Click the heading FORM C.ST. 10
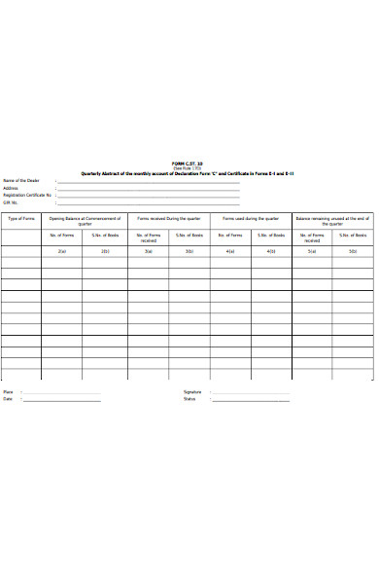pyautogui.click(x=189, y=164)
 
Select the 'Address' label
pyautogui.click(x=11, y=188)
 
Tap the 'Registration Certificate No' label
pyautogui.click(x=27, y=195)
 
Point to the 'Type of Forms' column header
pyautogui.click(x=21, y=219)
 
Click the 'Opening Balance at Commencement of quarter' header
pyautogui.click(x=85, y=221)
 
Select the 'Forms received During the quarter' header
pyautogui.click(x=169, y=219)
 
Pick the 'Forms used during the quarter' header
pyautogui.click(x=249, y=219)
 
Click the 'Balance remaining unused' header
pyautogui.click(x=332, y=221)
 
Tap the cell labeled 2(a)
pyautogui.click(x=62, y=251)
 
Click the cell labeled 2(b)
pyautogui.click(x=105, y=251)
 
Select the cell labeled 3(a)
pyautogui.click(x=148, y=251)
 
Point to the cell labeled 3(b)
pyautogui.click(x=189, y=251)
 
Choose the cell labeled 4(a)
pyautogui.click(x=229, y=251)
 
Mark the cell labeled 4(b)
pyautogui.click(x=270, y=251)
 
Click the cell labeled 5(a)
pyautogui.click(x=311, y=251)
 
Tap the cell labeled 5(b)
pyautogui.click(x=353, y=251)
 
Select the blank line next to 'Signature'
pyautogui.click(x=251, y=393)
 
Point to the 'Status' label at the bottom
pyautogui.click(x=189, y=399)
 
